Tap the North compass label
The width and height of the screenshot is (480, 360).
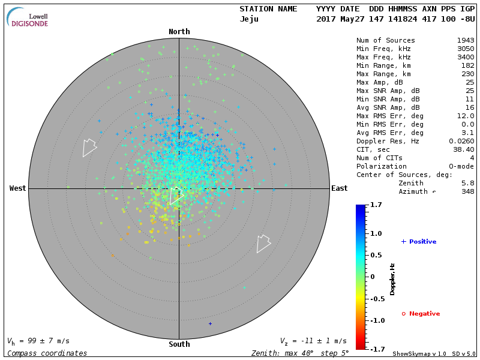tap(179, 32)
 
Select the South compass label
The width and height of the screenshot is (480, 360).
tap(179, 344)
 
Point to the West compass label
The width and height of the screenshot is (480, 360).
tap(17, 188)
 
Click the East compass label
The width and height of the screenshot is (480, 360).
tap(339, 188)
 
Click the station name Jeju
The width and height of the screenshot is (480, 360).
tap(249, 19)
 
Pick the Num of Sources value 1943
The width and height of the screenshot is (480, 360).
tap(466, 41)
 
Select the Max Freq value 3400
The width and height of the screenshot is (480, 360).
tap(466, 58)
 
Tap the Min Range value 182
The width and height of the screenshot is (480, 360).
tap(467, 66)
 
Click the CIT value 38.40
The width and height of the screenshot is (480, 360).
tap(464, 149)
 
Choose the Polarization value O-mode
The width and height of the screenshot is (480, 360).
tap(460, 166)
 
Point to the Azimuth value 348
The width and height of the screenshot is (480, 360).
tap(467, 191)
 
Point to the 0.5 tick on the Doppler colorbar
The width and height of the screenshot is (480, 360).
tap(376, 255)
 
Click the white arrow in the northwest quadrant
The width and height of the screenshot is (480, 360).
tap(89, 147)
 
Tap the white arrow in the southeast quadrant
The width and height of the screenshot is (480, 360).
tap(263, 243)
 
